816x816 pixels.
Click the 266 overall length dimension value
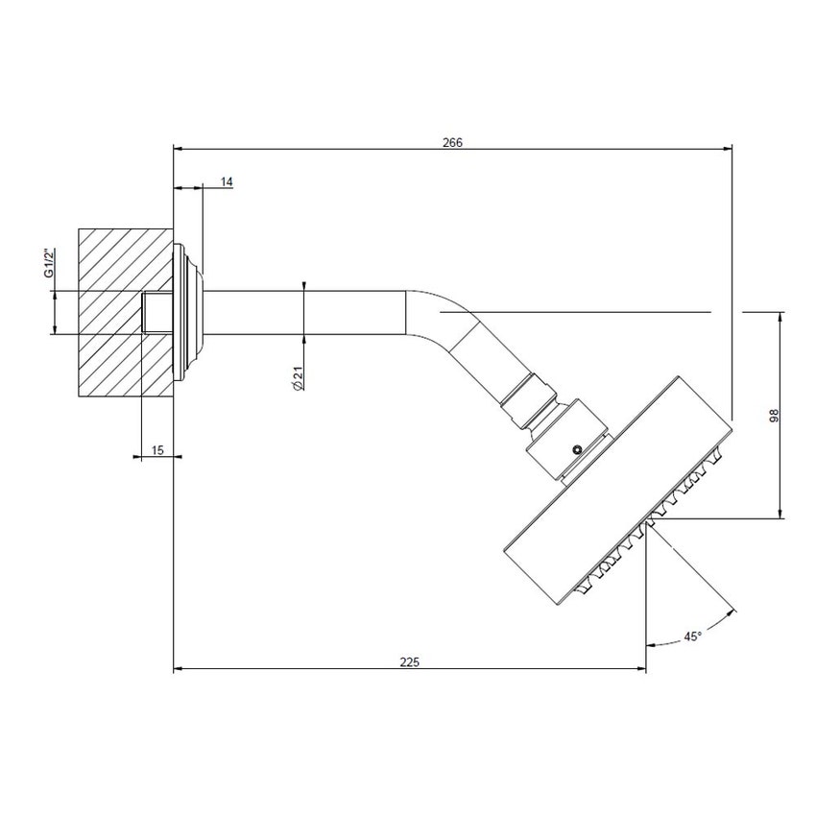pyautogui.click(x=452, y=142)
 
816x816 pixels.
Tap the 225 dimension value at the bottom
pyautogui.click(x=409, y=661)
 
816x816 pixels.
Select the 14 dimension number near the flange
pyautogui.click(x=227, y=181)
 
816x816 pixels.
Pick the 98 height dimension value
pyautogui.click(x=773, y=414)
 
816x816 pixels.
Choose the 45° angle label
pyautogui.click(x=691, y=636)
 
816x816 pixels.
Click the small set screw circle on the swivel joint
pyautogui.click(x=576, y=448)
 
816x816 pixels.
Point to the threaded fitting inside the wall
pyautogui.click(x=156, y=312)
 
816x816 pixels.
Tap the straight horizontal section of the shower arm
pyautogui.click(x=307, y=312)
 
